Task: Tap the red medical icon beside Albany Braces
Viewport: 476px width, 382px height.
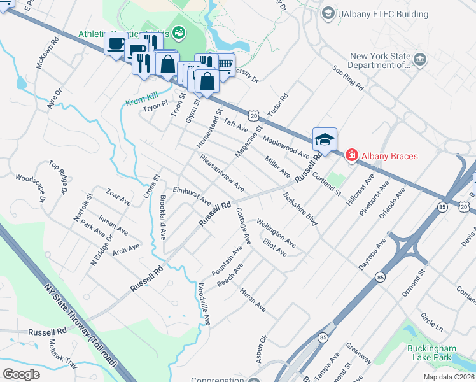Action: (350, 155)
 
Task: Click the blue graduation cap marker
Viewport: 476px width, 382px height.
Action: (325, 139)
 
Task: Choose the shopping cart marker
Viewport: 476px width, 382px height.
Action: (223, 62)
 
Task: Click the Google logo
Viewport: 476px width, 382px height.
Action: (21, 374)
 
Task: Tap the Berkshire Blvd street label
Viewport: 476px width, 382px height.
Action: (300, 209)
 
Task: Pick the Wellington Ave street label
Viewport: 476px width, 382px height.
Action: (276, 233)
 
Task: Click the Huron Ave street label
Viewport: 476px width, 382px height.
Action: (253, 299)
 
